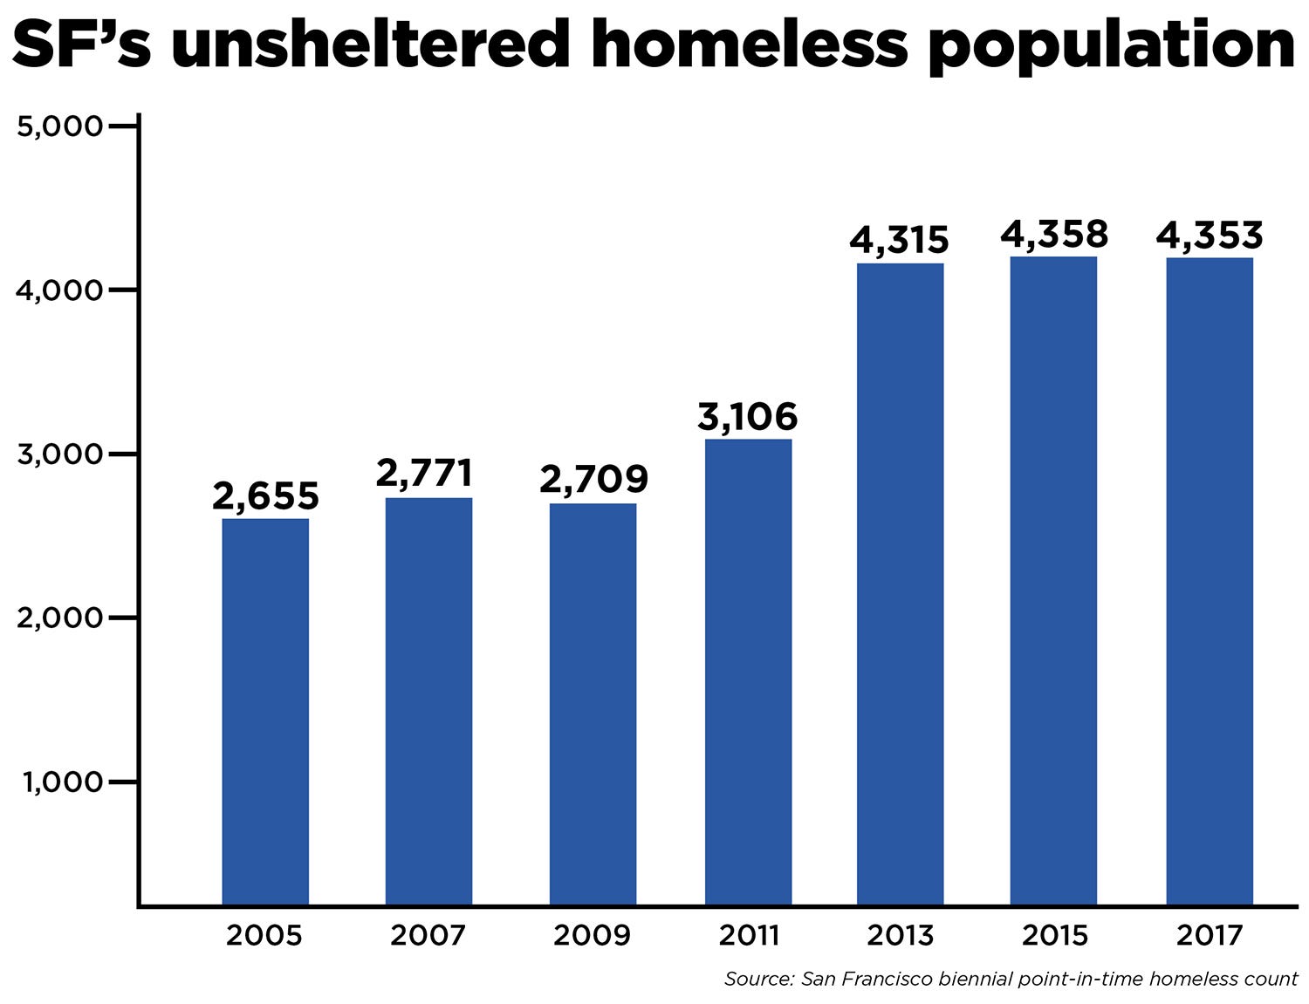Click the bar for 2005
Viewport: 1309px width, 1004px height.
[x=265, y=711]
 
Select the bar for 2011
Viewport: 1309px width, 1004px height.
[x=748, y=672]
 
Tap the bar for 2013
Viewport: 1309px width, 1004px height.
[x=900, y=584]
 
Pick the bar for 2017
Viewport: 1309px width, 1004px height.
[x=1210, y=581]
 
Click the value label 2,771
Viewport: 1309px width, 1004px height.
[x=424, y=474]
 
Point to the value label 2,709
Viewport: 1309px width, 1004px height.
[x=593, y=479]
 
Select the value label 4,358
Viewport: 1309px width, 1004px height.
[x=1053, y=235]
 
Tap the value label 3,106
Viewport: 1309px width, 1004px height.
[x=747, y=417]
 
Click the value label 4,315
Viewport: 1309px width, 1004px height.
[x=899, y=240]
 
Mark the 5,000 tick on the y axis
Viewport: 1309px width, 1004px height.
[x=59, y=126]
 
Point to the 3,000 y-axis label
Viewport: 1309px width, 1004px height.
[x=59, y=454]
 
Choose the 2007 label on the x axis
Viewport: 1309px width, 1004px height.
[x=428, y=935]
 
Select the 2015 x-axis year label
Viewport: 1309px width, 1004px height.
[x=1054, y=935]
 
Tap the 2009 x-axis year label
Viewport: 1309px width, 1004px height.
[x=592, y=935]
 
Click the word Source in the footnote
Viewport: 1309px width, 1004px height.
[x=757, y=979]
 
